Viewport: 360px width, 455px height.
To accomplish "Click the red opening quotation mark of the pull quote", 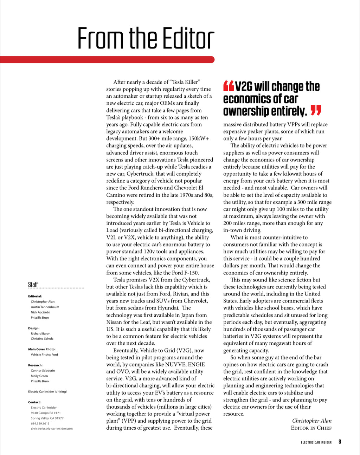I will click(228, 86).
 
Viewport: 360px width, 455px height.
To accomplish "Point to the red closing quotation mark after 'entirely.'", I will click(316, 111).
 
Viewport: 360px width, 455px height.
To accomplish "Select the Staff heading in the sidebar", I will click(33, 285).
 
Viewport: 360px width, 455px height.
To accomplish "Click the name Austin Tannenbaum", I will click(45, 307).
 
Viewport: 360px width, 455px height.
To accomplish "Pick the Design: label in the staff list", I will click(34, 328).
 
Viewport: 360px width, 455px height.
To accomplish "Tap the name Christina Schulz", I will click(42, 339).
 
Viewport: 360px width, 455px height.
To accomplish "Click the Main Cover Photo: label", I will click(42, 349).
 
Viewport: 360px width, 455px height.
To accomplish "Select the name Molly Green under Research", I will click(39, 376).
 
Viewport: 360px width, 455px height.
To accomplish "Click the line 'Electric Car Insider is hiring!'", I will click(47, 391).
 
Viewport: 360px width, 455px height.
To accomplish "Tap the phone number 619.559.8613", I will click(40, 423).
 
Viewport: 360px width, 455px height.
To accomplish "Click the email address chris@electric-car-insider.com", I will click(52, 429).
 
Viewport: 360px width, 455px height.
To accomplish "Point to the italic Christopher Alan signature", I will click(312, 421).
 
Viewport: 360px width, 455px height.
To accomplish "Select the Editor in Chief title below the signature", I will click(311, 428).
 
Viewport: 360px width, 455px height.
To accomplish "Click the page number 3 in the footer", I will click(340, 442).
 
